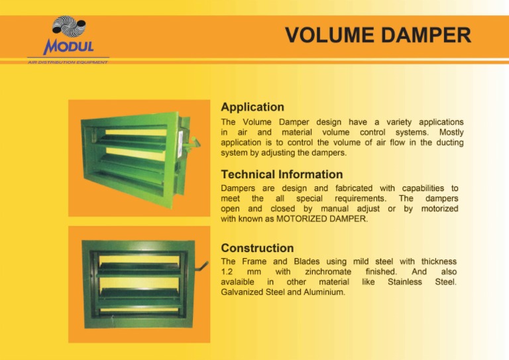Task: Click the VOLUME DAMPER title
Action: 378,34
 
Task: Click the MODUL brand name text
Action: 69,47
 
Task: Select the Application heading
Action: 252,107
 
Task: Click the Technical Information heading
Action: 282,174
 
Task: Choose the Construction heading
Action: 257,248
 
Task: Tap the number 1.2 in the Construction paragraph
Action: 227,272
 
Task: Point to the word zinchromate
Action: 328,272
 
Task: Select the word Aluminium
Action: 321,292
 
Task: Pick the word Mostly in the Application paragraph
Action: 451,133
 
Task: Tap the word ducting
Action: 448,143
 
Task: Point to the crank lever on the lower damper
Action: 199,270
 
